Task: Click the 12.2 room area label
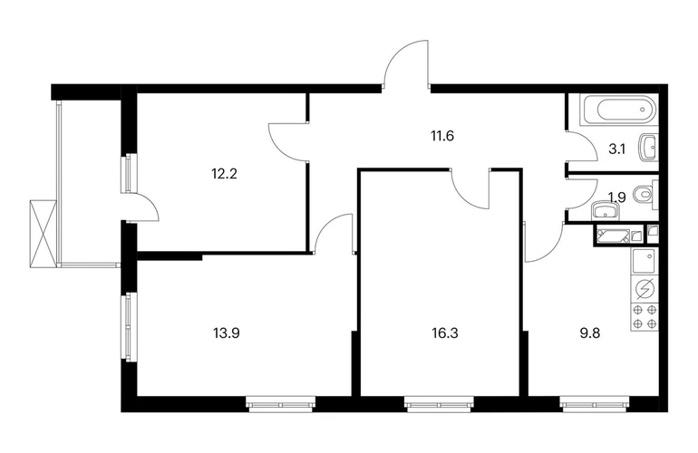[x=224, y=174]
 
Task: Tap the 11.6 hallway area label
[x=441, y=136]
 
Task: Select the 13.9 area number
[x=226, y=333]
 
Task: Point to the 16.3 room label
[x=445, y=333]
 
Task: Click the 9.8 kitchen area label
[x=590, y=333]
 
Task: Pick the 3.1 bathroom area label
[x=617, y=149]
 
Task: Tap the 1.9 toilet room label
[x=617, y=198]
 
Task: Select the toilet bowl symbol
[x=645, y=195]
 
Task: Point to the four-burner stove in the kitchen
[x=645, y=316]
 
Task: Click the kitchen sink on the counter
[x=645, y=261]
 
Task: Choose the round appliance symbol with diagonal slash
[x=645, y=289]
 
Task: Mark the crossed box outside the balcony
[x=44, y=234]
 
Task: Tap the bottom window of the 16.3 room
[x=439, y=404]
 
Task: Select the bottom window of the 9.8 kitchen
[x=595, y=404]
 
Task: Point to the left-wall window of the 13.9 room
[x=129, y=327]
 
